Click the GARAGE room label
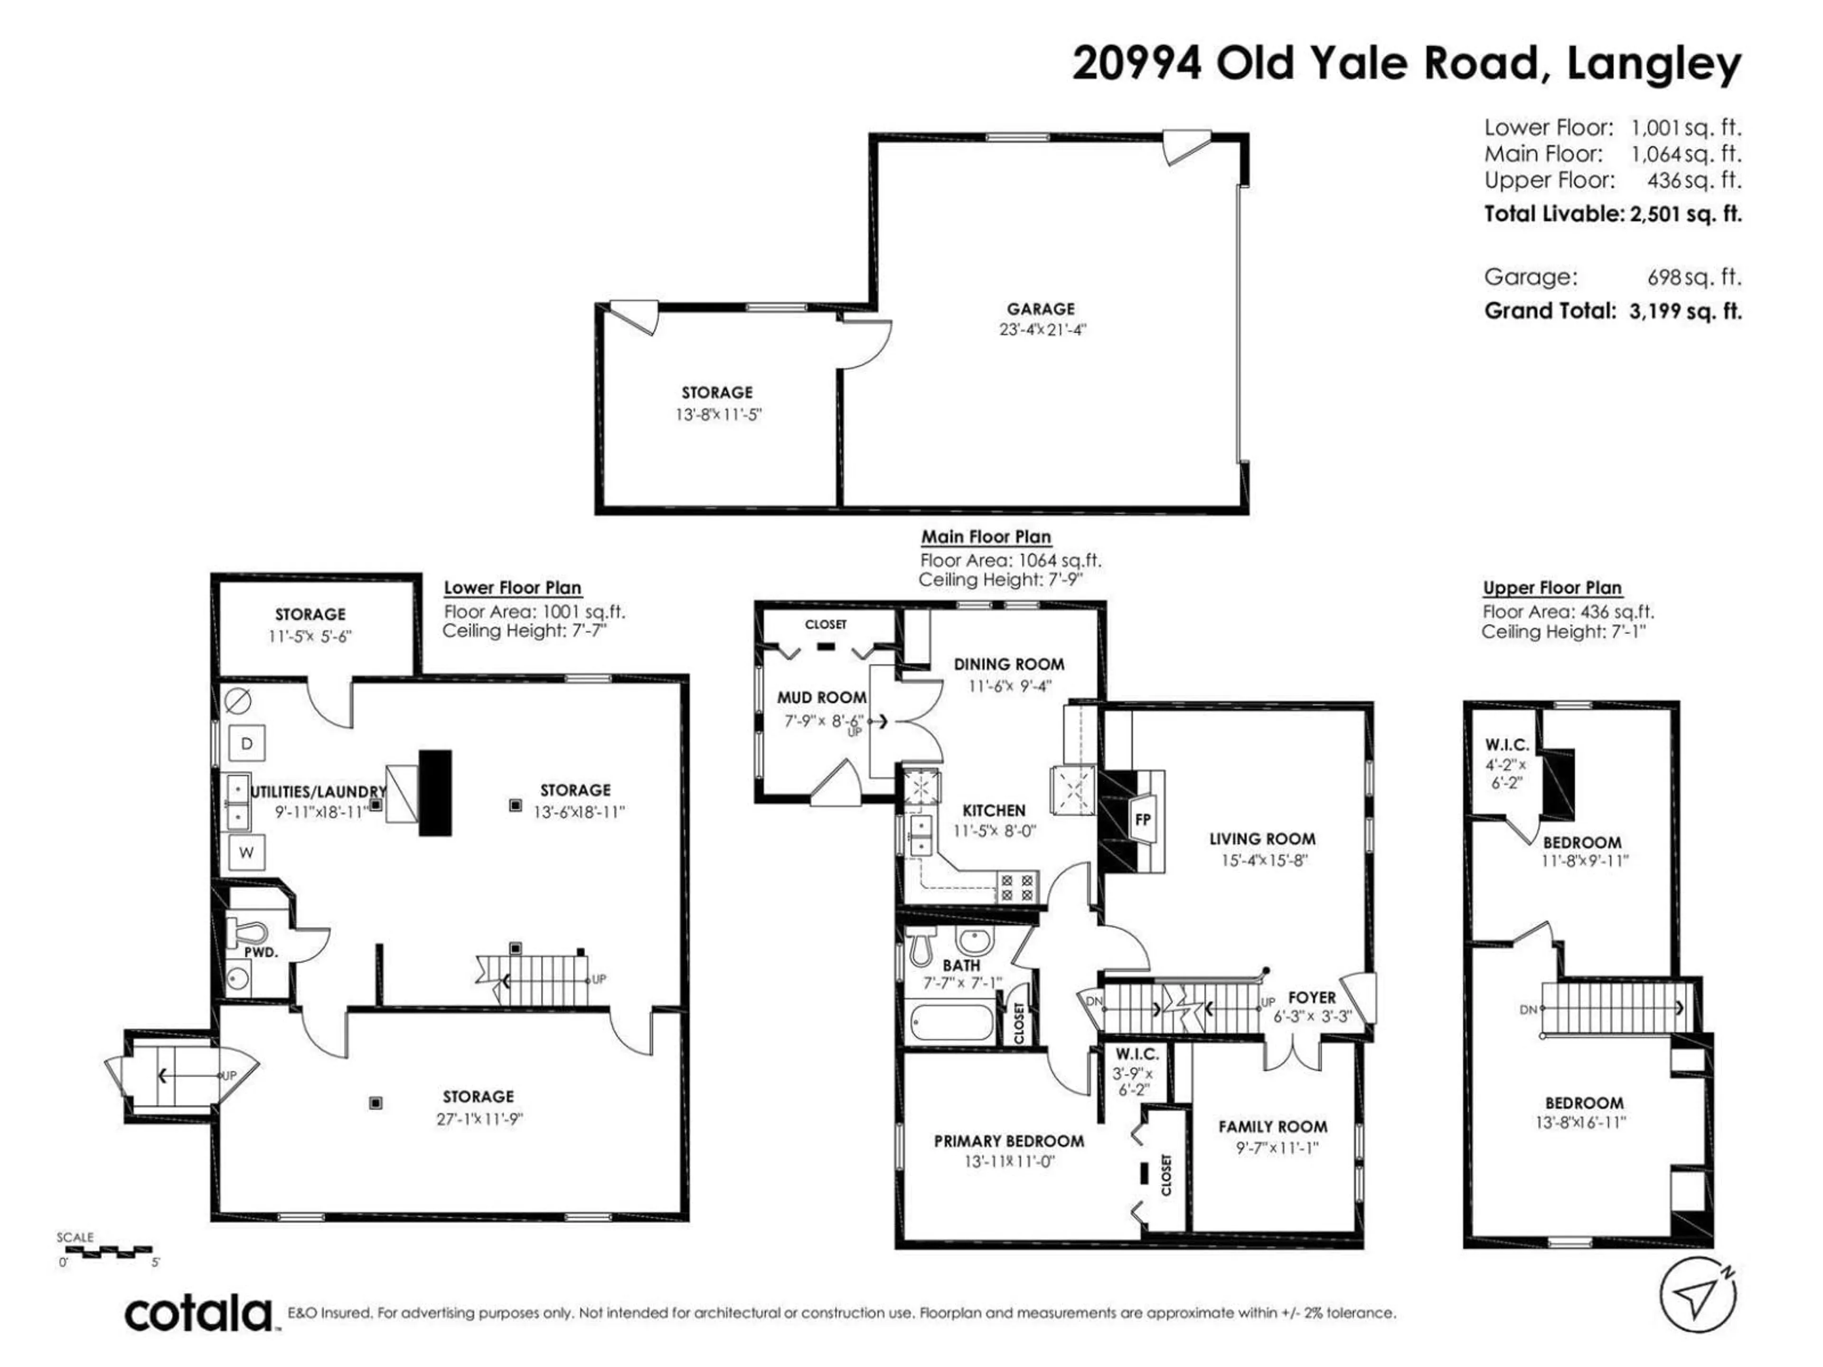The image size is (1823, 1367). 1040,309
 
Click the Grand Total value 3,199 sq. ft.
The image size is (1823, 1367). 1685,311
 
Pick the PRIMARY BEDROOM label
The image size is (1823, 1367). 1009,1141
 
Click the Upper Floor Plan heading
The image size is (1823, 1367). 1553,588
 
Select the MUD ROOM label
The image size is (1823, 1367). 822,698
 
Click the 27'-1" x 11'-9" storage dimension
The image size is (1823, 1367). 479,1119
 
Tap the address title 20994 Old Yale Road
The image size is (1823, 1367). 1305,64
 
